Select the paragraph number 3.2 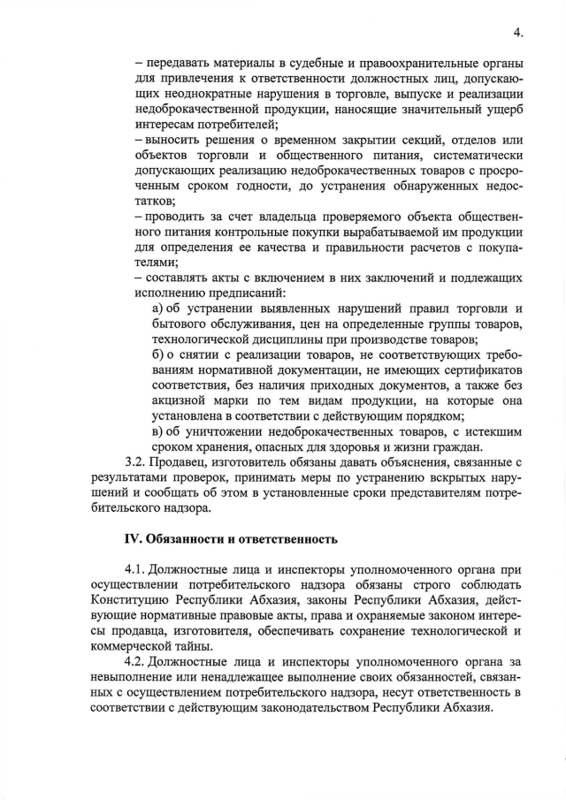136,462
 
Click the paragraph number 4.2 136,660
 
